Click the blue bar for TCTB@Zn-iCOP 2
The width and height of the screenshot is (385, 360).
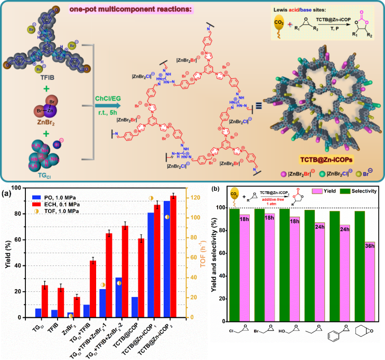point(167,259)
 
